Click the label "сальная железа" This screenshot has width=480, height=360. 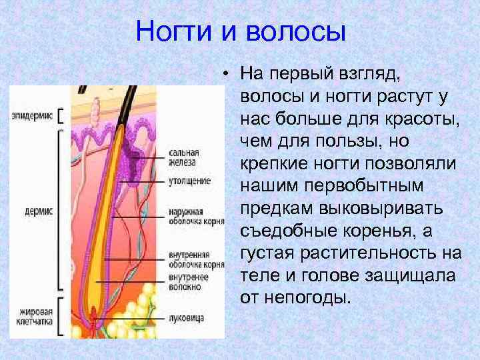(x=183, y=157)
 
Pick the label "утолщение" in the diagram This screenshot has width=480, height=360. (x=189, y=181)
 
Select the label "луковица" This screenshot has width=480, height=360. (x=186, y=318)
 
